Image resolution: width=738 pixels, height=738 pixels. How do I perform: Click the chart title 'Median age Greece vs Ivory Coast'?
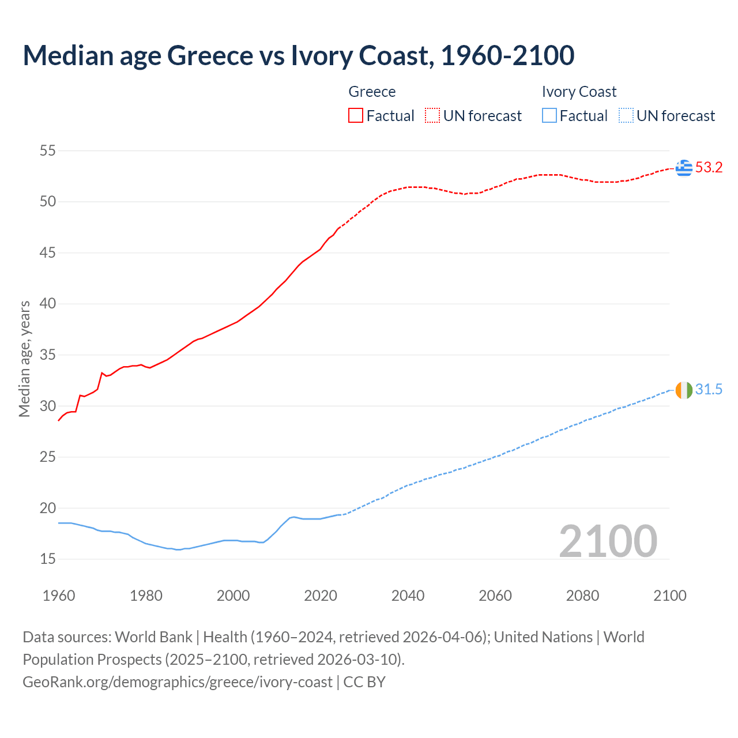coord(298,55)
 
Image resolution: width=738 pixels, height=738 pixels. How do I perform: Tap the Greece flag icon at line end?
coord(684,168)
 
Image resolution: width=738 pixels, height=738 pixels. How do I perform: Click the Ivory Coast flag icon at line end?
coord(684,390)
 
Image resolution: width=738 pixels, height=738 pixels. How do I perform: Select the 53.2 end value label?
coord(709,168)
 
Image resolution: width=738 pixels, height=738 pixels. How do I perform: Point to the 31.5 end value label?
coord(709,390)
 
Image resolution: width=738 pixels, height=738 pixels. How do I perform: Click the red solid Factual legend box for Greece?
coord(356,116)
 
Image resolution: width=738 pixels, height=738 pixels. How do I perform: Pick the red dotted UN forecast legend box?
coord(432,116)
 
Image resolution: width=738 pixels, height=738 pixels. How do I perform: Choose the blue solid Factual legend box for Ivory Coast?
coord(549,116)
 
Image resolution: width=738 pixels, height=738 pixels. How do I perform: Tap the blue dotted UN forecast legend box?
coord(626,116)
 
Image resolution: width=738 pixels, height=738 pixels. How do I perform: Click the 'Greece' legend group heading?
coord(372,92)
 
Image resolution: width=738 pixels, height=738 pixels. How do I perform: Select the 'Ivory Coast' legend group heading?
coord(579,92)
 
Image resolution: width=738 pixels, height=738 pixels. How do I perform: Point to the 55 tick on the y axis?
coord(48,151)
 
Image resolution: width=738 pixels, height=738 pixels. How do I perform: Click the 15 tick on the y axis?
coord(48,559)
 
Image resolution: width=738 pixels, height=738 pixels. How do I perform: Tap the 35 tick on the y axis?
coord(48,355)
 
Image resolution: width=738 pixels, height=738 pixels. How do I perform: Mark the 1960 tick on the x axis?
coord(59,596)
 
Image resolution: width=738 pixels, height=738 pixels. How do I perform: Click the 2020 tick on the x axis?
coord(321,596)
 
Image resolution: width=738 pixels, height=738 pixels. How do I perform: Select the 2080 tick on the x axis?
coord(582,596)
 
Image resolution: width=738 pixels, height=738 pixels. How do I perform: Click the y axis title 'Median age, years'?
coord(24,359)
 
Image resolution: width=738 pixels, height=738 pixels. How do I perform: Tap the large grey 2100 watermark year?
coord(608,541)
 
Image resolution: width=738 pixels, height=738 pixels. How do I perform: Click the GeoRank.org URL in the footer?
coord(178,682)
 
